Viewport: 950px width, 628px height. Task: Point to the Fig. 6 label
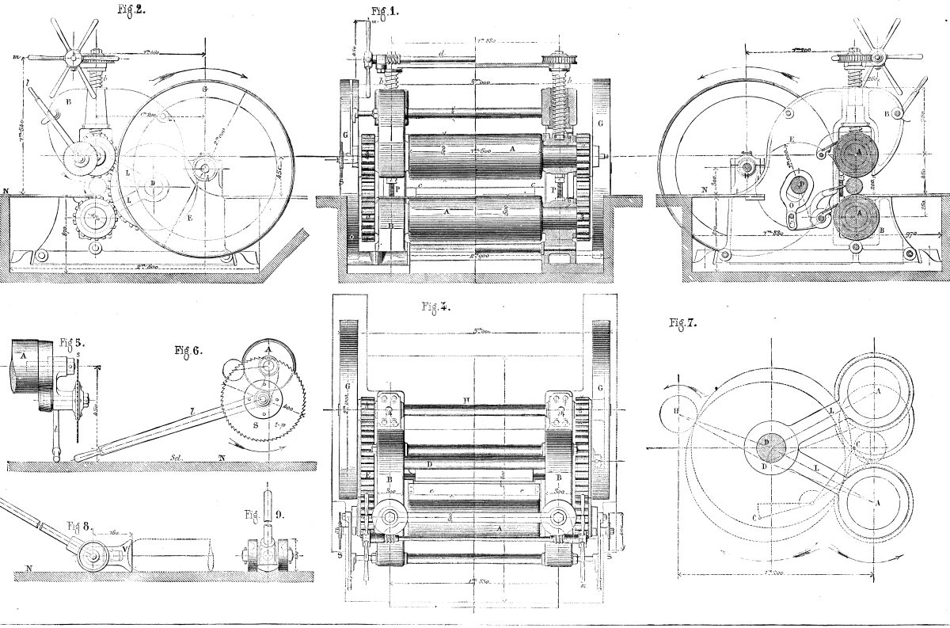tap(187, 349)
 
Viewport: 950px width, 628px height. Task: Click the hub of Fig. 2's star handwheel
tap(74, 58)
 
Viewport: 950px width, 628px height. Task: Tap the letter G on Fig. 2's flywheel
tap(204, 89)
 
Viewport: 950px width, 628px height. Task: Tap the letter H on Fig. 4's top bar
tap(468, 397)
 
